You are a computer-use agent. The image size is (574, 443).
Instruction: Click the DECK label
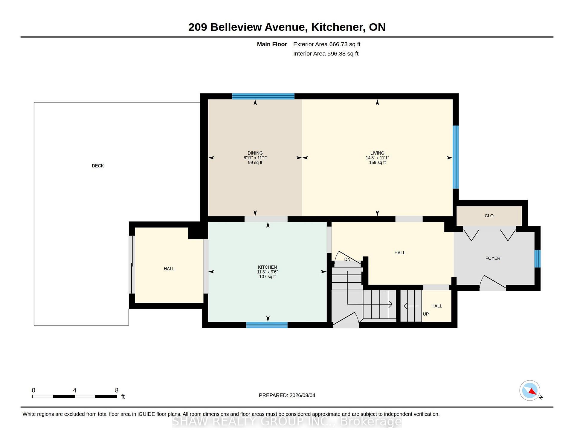[x=98, y=166]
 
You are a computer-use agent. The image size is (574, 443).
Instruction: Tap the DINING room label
[x=255, y=153]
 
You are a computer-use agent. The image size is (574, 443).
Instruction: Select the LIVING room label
[x=377, y=153]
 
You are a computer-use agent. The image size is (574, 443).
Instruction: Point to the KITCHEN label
[x=268, y=267]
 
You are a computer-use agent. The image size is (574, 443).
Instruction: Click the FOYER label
[x=493, y=259]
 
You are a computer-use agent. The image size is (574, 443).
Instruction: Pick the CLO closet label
[x=489, y=216]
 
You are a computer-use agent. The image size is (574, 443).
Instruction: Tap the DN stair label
[x=347, y=259]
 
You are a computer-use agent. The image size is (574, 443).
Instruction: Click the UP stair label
[x=426, y=314]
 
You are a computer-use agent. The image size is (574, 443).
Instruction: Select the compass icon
[x=530, y=390]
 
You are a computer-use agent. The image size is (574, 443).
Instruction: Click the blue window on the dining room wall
[x=263, y=96]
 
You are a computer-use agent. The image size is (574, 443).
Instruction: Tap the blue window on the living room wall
[x=456, y=157]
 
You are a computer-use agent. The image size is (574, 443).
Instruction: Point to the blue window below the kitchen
[x=267, y=325]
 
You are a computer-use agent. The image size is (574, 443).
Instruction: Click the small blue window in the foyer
[x=538, y=259]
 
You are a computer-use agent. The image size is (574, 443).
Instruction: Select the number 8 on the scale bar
[x=117, y=390]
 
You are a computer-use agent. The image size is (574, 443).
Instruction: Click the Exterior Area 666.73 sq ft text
[x=327, y=44]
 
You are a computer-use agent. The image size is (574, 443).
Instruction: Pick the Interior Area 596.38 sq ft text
[x=326, y=54]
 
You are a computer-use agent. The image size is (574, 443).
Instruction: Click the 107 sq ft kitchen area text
[x=268, y=277]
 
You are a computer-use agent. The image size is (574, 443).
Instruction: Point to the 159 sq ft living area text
[x=377, y=163]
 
